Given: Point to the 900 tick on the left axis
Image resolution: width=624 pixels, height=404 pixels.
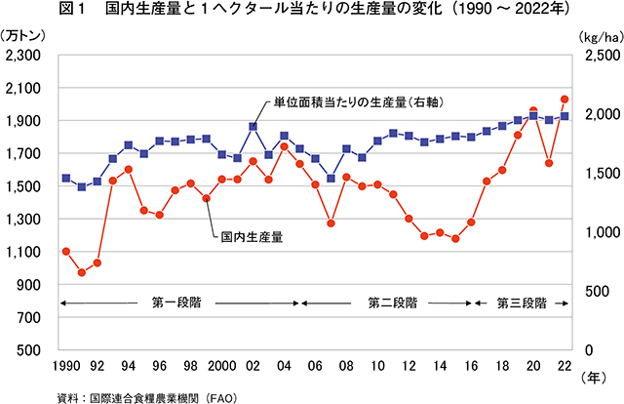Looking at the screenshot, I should pyautogui.click(x=31, y=285).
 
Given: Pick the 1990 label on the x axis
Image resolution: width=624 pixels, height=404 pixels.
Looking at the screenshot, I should pyautogui.click(x=64, y=365).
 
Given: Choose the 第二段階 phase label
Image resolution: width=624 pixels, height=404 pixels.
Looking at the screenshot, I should pyautogui.click(x=393, y=303).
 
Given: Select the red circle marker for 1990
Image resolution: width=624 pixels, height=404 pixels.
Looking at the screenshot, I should pyautogui.click(x=65, y=251).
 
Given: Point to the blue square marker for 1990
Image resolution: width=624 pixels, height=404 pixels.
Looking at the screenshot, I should pyautogui.click(x=65, y=179).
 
